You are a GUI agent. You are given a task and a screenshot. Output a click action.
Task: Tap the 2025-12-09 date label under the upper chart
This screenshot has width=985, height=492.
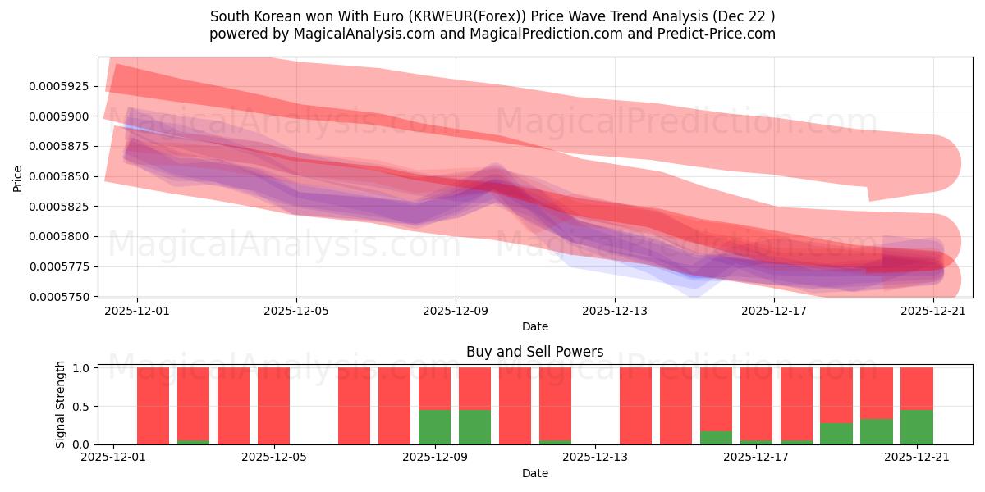[x=456, y=312]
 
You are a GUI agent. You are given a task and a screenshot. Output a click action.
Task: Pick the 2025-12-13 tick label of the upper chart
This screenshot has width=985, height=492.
[x=615, y=312]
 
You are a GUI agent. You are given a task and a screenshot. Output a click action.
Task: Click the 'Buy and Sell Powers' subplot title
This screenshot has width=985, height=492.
[x=534, y=353]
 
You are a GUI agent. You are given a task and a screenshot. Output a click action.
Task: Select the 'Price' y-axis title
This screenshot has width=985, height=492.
[x=18, y=177]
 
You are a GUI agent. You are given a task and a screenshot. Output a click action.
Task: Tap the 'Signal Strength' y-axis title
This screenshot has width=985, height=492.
[x=61, y=405]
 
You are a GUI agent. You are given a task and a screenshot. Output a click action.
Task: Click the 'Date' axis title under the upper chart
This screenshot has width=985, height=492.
[x=534, y=326]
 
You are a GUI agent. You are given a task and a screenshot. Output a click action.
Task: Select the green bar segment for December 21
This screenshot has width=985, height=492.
[x=916, y=427]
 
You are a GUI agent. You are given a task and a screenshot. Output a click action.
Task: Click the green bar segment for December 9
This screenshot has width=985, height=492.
[x=434, y=427]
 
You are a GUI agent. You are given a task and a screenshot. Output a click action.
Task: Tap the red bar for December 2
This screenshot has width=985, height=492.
[x=153, y=406]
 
